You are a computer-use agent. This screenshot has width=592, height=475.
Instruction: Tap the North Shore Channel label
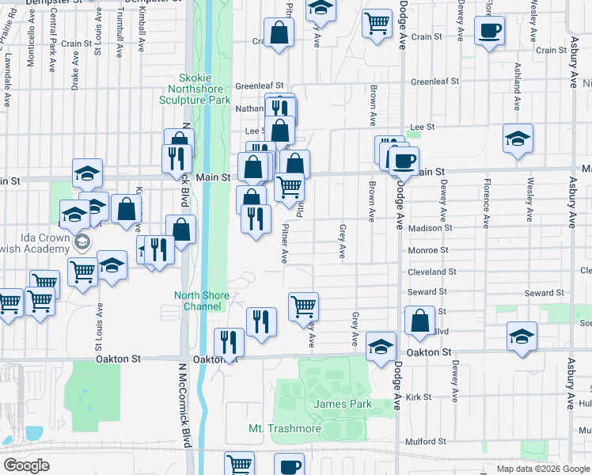click(x=201, y=301)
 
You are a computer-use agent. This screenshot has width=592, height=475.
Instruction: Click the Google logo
click(x=27, y=465)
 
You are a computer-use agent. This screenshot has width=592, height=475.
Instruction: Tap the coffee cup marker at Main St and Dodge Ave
click(x=404, y=161)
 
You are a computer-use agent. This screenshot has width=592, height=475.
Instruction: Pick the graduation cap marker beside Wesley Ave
click(x=518, y=139)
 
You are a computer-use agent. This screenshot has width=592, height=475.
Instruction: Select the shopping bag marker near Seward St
click(x=420, y=321)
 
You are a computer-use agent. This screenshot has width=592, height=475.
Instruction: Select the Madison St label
click(x=431, y=228)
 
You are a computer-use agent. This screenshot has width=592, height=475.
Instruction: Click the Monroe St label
click(x=428, y=250)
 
